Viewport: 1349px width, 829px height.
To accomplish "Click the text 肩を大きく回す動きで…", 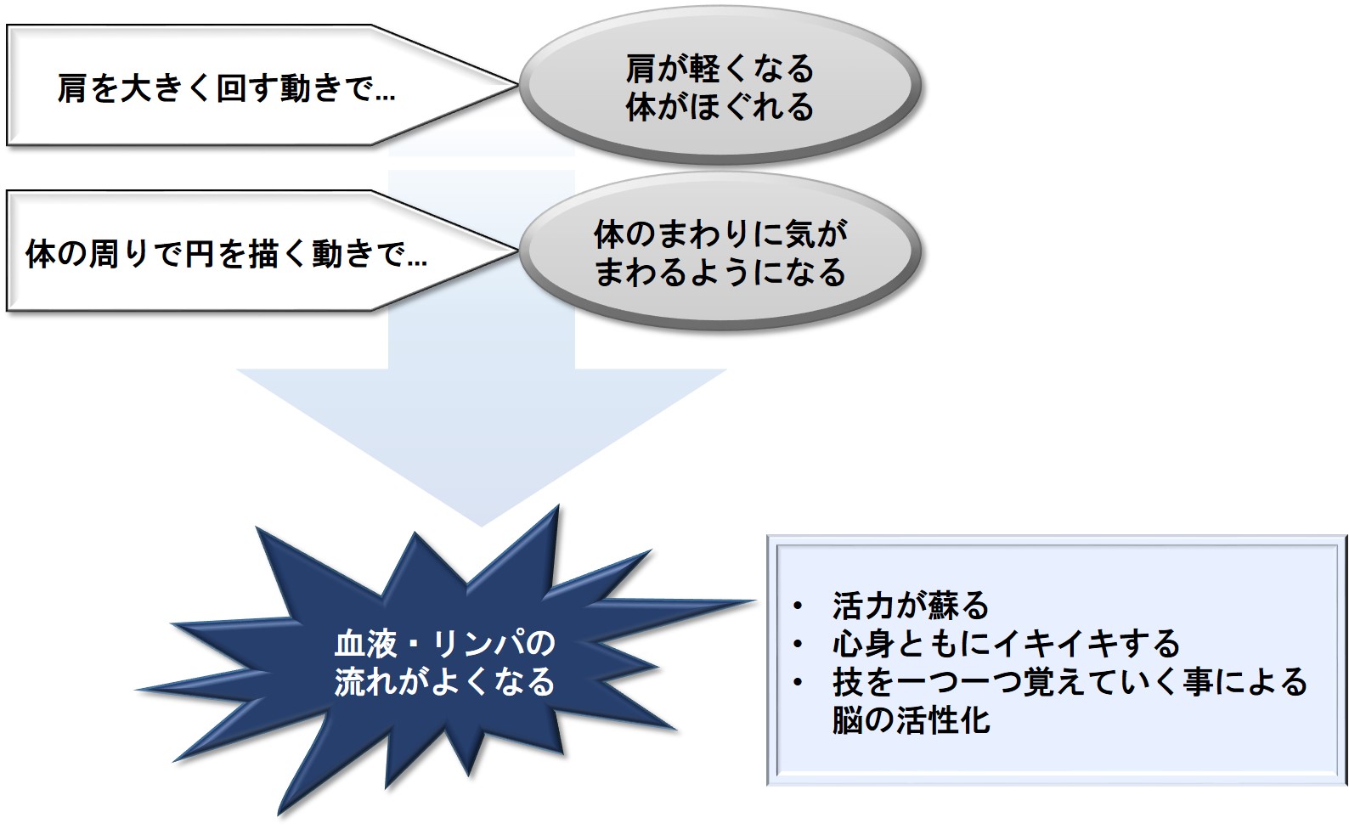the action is click(227, 89).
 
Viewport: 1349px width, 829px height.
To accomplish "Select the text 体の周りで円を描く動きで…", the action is click(227, 254).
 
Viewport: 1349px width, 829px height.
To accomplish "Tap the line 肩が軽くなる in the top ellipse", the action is click(720, 69).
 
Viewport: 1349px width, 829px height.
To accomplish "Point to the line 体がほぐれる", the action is click(720, 107).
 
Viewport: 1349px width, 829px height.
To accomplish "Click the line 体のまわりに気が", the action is click(721, 234).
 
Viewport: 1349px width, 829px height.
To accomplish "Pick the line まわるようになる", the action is click(721, 272).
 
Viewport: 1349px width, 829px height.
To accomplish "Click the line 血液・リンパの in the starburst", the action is click(445, 644).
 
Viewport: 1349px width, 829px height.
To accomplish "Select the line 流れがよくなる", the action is click(445, 682).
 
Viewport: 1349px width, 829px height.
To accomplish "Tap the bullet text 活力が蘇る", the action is click(911, 605).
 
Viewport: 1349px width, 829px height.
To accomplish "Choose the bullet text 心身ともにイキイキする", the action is click(1007, 644).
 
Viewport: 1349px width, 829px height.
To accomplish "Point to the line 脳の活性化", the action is click(911, 720).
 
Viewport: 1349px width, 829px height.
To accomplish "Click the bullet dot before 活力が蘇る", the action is click(799, 606).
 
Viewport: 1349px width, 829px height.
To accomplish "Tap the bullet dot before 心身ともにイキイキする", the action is click(799, 644).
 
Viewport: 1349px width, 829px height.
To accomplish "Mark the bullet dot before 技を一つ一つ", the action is click(799, 683).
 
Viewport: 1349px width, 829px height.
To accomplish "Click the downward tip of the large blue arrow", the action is click(481, 526).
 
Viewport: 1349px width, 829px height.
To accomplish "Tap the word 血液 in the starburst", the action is click(366, 644).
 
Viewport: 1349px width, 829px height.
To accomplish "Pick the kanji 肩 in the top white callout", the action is click(72, 89).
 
